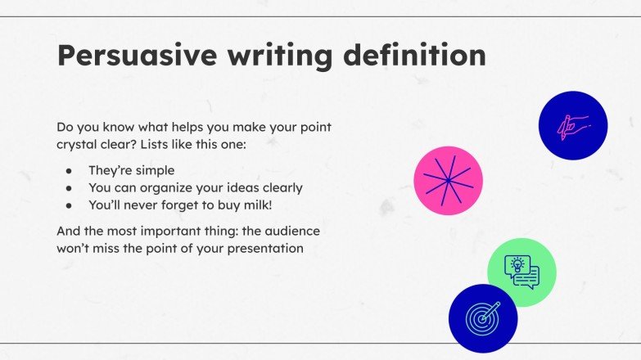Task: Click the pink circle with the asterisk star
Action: (x=448, y=181)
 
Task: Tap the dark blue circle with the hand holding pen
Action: (x=572, y=126)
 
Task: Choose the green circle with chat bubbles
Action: (x=521, y=272)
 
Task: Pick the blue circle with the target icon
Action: (x=483, y=317)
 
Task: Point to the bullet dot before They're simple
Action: (x=70, y=171)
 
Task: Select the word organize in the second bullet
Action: (x=170, y=187)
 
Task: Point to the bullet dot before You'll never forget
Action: (x=70, y=205)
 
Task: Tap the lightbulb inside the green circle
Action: (x=517, y=264)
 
